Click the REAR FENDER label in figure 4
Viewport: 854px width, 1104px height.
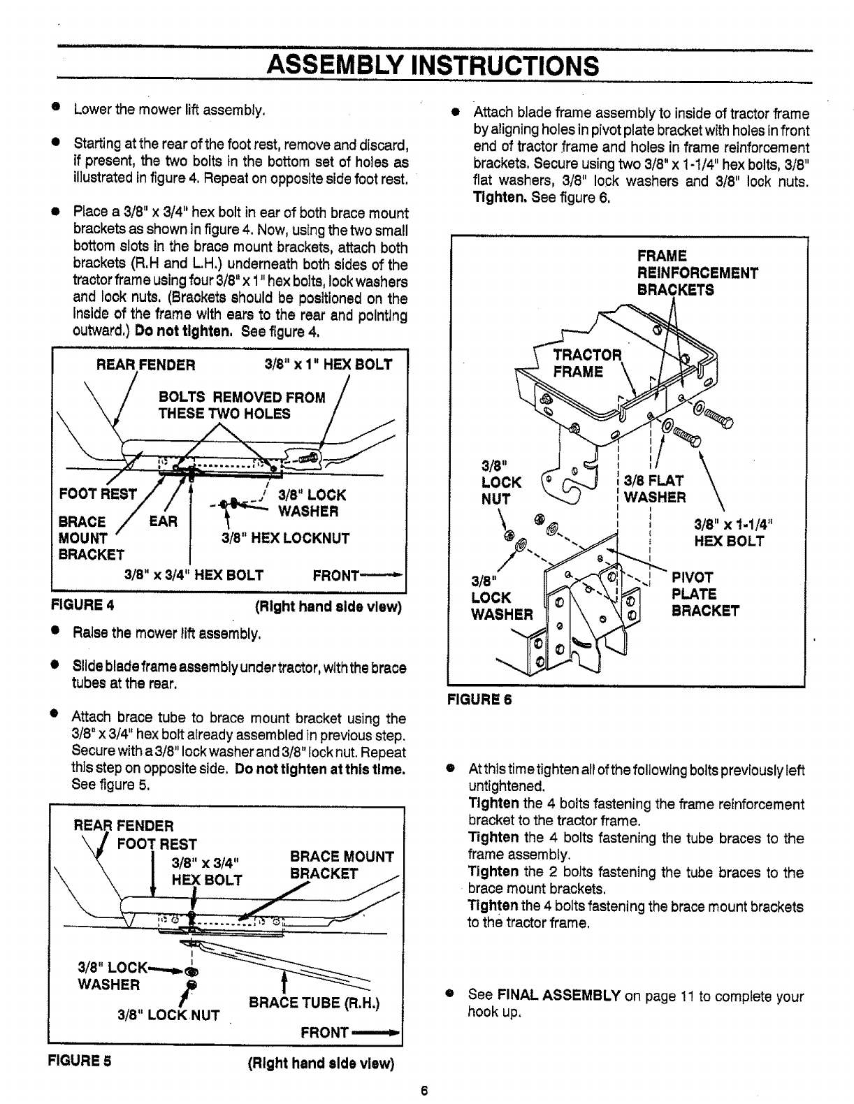(145, 365)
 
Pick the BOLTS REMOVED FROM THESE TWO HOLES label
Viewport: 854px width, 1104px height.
(242, 405)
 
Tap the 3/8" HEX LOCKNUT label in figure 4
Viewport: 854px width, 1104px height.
(285, 538)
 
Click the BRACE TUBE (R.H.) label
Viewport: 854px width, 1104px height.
(314, 1004)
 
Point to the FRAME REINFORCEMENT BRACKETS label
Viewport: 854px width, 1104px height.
(696, 273)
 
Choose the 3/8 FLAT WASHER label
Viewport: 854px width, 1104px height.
(654, 488)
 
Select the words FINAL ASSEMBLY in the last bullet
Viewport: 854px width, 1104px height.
(558, 994)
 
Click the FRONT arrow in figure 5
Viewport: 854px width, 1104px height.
(349, 1033)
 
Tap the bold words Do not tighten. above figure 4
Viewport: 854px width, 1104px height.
(184, 331)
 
